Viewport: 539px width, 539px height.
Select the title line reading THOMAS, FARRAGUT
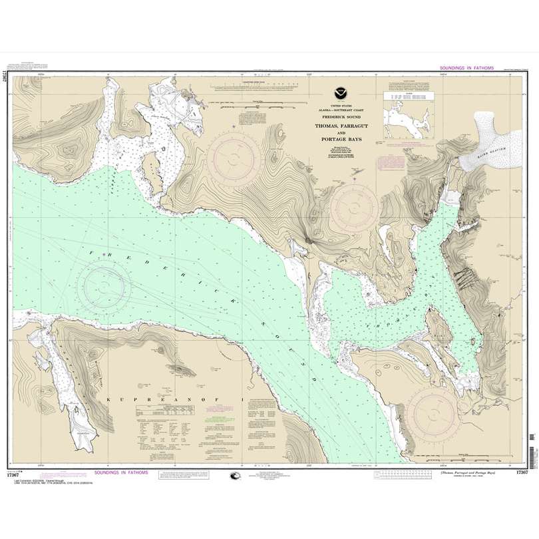coord(338,125)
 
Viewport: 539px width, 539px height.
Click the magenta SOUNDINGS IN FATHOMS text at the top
coord(470,69)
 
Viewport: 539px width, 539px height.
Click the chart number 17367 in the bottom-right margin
coord(521,472)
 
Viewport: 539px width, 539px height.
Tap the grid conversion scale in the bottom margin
coord(406,474)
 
